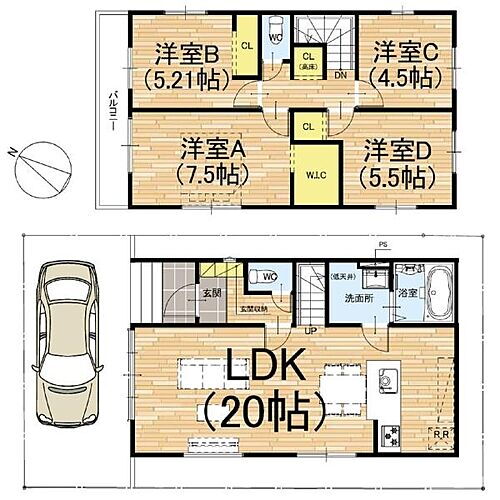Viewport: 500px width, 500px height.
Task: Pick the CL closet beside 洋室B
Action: coord(245,46)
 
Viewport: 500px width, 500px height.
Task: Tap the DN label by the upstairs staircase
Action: coord(340,75)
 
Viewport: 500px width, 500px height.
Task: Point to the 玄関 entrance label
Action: coord(211,294)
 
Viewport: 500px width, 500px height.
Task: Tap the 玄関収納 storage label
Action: coord(255,309)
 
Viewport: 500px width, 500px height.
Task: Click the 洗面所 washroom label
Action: coord(350,297)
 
